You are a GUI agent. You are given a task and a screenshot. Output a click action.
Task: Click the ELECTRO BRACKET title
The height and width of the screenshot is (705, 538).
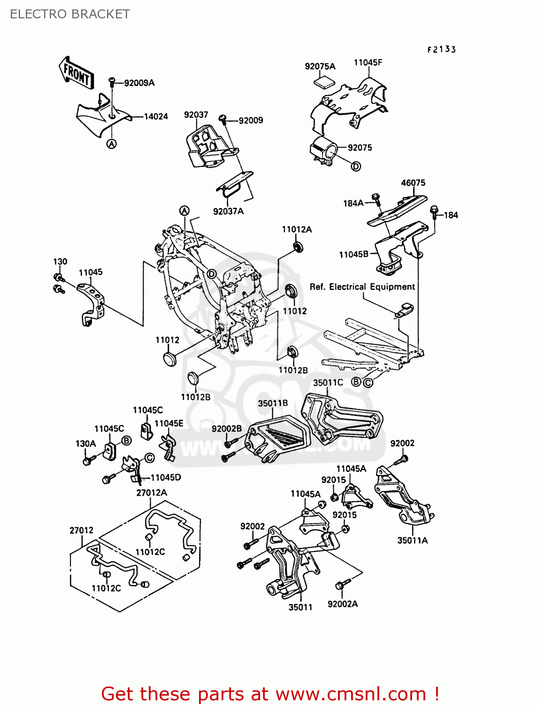(69, 14)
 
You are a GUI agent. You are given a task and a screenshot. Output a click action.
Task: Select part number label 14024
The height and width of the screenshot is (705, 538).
(155, 116)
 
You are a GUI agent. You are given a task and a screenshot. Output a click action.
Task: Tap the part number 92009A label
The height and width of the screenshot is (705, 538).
(139, 83)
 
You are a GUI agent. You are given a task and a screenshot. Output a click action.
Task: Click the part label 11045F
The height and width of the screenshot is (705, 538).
(368, 63)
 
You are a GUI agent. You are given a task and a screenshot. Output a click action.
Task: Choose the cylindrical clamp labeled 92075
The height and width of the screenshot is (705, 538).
(323, 150)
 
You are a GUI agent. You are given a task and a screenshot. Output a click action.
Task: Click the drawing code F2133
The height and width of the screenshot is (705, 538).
(441, 49)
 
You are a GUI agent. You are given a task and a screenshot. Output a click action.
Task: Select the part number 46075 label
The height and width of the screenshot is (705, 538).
(413, 183)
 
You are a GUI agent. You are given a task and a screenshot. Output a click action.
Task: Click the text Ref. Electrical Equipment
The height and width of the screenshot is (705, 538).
(362, 287)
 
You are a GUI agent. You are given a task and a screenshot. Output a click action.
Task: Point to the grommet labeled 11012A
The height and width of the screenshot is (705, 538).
(298, 247)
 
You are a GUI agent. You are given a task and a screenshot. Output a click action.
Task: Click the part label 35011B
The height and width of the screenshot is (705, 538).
(273, 403)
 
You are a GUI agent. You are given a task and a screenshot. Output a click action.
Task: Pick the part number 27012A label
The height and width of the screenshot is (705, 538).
(151, 493)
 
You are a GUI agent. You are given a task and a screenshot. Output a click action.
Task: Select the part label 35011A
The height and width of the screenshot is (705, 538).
(412, 540)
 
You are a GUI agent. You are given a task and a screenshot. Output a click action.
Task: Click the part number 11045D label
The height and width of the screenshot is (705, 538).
(165, 478)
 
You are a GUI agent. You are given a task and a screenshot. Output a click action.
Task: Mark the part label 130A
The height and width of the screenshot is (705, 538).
(85, 443)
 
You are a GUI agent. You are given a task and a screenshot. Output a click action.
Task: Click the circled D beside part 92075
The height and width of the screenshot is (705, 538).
(356, 166)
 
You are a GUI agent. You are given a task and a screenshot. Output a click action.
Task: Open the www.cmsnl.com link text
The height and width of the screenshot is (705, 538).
(350, 694)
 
